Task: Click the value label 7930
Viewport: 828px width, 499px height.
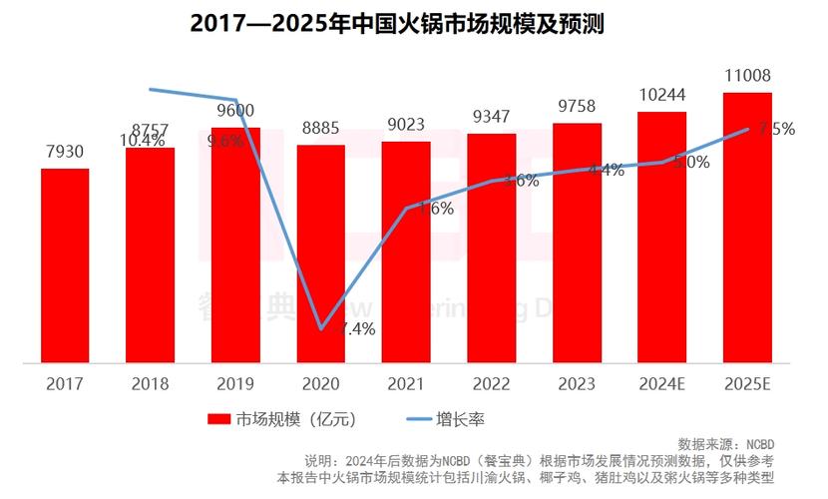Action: click(x=65, y=153)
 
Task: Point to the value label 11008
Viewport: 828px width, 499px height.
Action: click(x=747, y=76)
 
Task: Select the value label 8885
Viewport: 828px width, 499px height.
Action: click(x=320, y=129)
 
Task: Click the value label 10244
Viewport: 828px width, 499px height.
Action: click(x=661, y=95)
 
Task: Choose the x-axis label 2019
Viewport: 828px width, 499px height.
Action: click(x=235, y=383)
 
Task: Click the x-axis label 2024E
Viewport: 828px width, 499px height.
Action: click(x=661, y=383)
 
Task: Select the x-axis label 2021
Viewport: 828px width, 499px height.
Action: click(x=406, y=383)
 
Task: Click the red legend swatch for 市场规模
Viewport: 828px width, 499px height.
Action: click(x=218, y=419)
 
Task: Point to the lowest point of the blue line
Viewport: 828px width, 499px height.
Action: click(x=320, y=328)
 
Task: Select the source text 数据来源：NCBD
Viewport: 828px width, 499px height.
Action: click(x=725, y=443)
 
